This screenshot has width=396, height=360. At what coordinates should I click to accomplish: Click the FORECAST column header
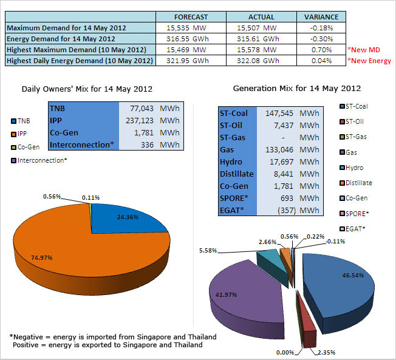click(x=191, y=17)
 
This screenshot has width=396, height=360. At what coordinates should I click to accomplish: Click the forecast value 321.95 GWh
click(x=191, y=60)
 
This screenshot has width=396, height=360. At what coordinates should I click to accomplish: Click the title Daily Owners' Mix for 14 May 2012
click(x=87, y=89)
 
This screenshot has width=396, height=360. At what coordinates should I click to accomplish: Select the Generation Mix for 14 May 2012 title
click(x=297, y=88)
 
